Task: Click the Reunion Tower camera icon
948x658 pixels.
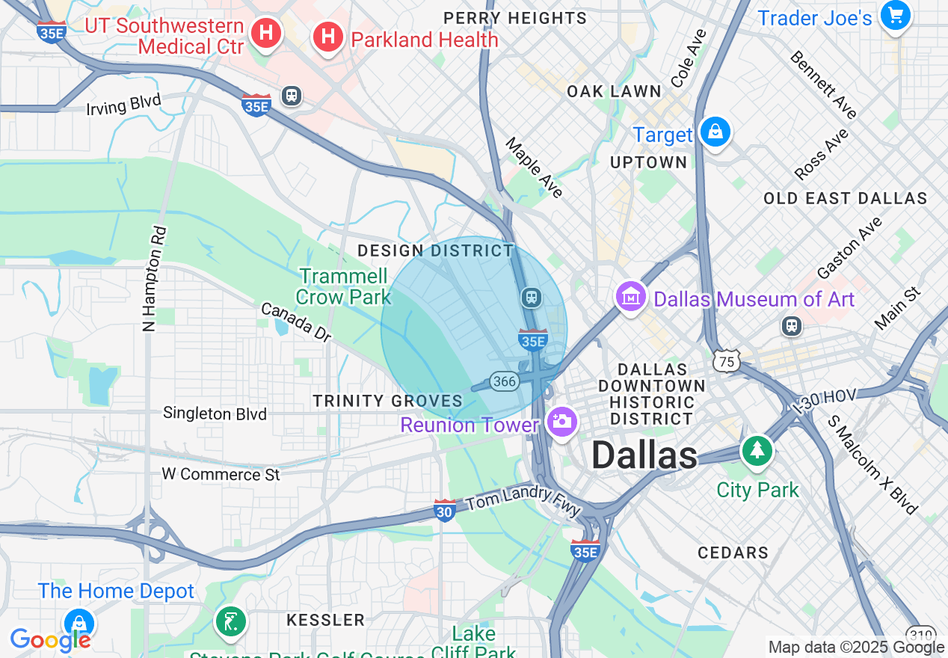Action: pos(561,421)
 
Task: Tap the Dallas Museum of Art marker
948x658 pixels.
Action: pos(630,297)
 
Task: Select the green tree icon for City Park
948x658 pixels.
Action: pos(758,450)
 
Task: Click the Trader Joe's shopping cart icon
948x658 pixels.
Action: pos(895,15)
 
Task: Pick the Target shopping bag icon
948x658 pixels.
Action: pos(715,132)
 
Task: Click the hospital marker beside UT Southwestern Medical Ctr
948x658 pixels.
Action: pos(265,33)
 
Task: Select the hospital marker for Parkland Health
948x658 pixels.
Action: pos(327,37)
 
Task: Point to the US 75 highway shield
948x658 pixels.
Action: pos(725,362)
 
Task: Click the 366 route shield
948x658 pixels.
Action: pos(505,381)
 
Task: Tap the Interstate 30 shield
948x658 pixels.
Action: pos(445,511)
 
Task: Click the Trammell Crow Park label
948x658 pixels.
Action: pos(343,286)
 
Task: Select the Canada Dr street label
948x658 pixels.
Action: pos(296,322)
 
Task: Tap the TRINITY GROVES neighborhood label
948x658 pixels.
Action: pos(388,401)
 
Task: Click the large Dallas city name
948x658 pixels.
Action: pos(644,455)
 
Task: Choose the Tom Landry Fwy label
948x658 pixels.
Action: pos(523,501)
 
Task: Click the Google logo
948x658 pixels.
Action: pos(50,640)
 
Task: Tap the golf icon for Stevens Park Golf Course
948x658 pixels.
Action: pos(230,621)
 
